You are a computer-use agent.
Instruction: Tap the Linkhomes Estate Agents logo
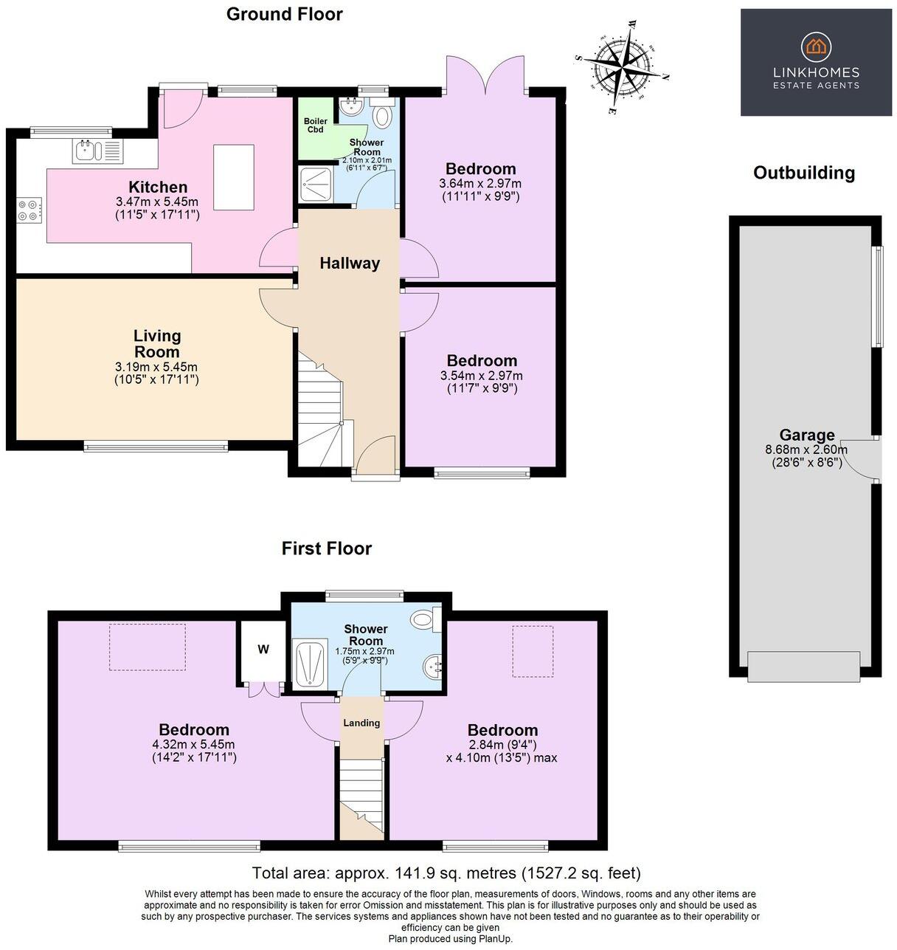click(815, 62)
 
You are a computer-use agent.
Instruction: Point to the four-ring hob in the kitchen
click(30, 210)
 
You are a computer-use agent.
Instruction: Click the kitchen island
click(233, 177)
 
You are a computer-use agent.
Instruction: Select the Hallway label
click(350, 263)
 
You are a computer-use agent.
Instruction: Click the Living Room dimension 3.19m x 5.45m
click(156, 367)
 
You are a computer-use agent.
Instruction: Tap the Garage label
click(807, 435)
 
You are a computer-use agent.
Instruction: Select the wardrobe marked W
click(263, 650)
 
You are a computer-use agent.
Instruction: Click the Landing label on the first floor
click(361, 723)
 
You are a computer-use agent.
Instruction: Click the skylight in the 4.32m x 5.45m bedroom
click(148, 647)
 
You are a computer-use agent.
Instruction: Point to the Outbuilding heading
click(803, 173)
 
